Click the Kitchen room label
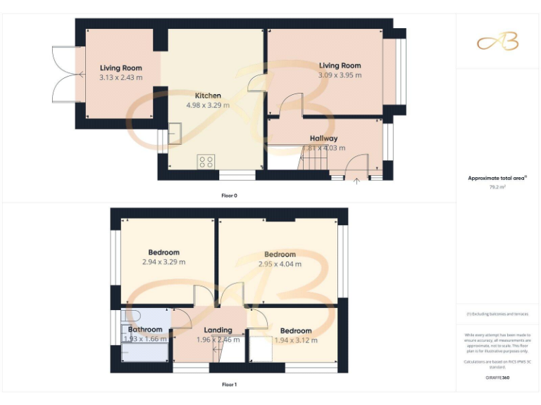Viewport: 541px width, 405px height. point(208,96)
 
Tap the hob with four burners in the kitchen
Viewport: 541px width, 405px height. point(206,162)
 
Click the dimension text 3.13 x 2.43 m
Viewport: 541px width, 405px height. point(120,77)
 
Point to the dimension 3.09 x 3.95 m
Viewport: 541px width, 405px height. point(340,75)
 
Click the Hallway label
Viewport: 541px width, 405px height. point(323,139)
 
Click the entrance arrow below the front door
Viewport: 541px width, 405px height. point(356,182)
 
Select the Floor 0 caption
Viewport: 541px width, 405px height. point(229,195)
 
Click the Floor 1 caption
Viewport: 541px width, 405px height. point(229,385)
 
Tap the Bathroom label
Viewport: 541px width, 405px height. point(145,329)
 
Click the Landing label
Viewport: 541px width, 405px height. point(218,330)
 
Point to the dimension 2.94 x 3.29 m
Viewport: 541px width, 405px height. point(163,262)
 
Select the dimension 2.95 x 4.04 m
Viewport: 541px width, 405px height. point(280,264)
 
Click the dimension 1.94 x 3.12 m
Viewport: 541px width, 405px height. point(296,340)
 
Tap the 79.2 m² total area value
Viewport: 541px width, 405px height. point(497,187)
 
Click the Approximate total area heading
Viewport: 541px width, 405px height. point(497,178)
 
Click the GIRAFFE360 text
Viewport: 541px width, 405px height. point(497,378)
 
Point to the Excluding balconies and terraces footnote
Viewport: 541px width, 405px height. point(497,314)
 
